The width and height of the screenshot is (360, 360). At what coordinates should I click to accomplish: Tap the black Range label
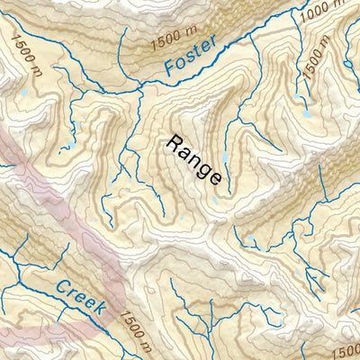click(193, 159)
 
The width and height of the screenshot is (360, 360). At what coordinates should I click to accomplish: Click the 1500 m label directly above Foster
click(176, 36)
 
